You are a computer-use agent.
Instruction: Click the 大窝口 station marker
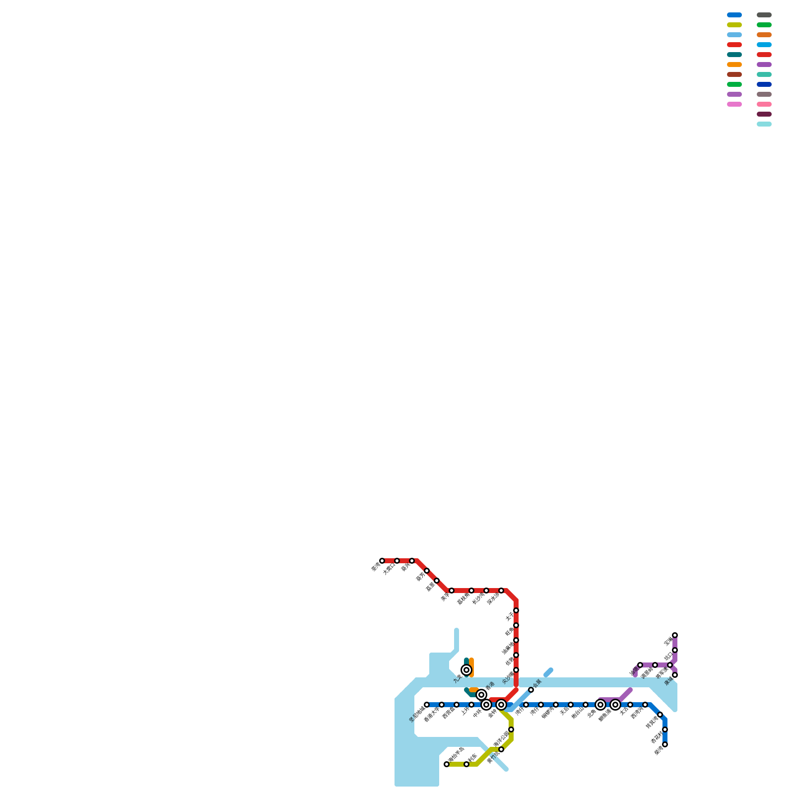tap(397, 561)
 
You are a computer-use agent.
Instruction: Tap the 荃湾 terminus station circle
tap(382, 561)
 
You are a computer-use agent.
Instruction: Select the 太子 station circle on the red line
tap(516, 610)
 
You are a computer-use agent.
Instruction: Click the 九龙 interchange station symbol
tap(466, 670)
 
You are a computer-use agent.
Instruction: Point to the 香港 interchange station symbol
tap(481, 695)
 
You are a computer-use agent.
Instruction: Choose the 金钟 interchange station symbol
tap(501, 705)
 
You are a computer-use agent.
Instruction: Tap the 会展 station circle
tap(531, 690)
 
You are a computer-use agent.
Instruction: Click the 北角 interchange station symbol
tap(600, 705)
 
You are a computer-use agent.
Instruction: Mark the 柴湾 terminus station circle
tap(665, 744)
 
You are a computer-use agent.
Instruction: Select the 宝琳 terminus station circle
tap(675, 635)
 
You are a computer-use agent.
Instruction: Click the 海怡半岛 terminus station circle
tap(447, 764)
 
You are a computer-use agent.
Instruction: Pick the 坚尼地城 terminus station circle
tap(427, 705)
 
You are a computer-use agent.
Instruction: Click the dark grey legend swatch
tap(764, 15)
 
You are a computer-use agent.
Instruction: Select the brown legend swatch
tap(734, 74)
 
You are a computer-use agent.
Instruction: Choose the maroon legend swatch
tap(764, 114)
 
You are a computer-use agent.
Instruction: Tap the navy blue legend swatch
tap(764, 84)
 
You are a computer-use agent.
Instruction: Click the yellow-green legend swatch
tap(734, 25)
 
